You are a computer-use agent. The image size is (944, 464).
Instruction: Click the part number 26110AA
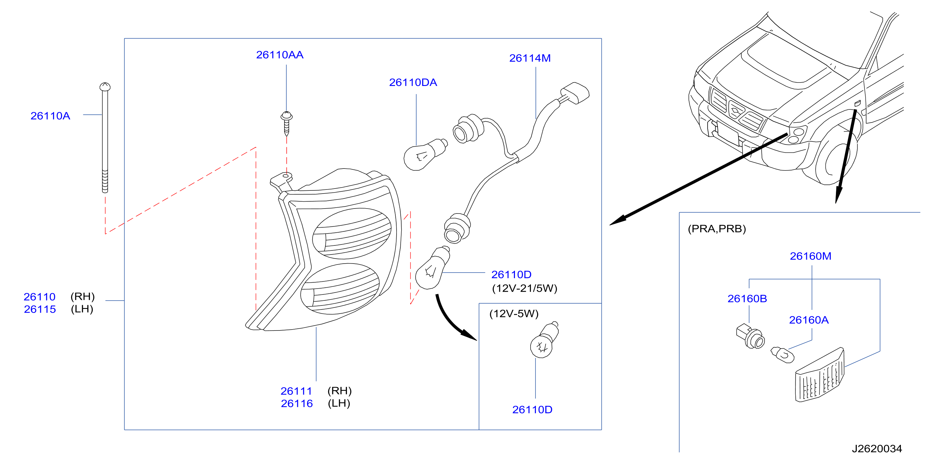[x=279, y=55]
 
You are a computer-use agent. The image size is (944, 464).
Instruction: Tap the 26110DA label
[x=413, y=83]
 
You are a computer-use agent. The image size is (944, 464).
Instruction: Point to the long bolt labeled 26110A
[x=105, y=138]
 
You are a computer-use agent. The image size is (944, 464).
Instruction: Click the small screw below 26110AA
[x=287, y=123]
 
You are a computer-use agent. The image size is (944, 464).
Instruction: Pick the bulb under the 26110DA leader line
[x=425, y=154]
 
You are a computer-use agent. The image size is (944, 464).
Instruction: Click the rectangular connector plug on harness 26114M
[x=574, y=93]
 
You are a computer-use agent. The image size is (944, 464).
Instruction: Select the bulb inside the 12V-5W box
[x=544, y=340]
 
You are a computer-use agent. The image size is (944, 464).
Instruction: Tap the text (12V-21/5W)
[x=524, y=288]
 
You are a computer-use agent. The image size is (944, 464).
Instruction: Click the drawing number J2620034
[x=877, y=449]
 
